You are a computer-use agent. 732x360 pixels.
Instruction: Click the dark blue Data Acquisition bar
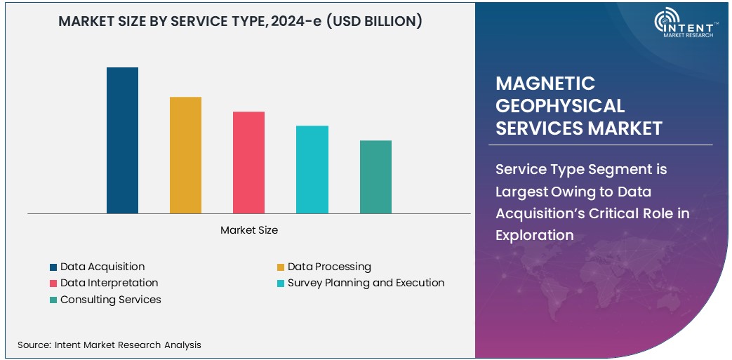coord(122,140)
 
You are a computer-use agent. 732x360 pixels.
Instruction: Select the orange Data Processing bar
coord(185,155)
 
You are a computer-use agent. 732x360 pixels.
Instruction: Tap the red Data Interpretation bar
coord(248,162)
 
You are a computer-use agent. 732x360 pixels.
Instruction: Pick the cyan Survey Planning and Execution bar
coord(312,169)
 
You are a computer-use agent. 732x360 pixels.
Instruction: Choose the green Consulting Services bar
coord(375,177)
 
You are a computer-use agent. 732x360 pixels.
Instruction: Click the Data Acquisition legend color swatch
coord(53,267)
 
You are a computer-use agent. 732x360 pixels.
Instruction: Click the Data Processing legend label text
coord(329,267)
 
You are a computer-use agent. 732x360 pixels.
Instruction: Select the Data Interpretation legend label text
coord(109,283)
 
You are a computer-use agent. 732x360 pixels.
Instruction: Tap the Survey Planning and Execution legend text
coord(366,283)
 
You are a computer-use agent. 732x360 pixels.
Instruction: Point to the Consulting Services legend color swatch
coord(53,300)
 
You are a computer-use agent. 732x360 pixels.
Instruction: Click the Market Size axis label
coord(249,230)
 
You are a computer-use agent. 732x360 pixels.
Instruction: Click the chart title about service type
coord(240,22)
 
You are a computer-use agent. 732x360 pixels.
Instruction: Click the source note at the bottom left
coord(109,345)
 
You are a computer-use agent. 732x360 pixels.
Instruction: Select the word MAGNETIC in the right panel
coord(545,84)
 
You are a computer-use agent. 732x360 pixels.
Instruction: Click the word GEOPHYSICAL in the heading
coord(560,106)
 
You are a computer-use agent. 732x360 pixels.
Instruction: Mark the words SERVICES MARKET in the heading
coord(579,128)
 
